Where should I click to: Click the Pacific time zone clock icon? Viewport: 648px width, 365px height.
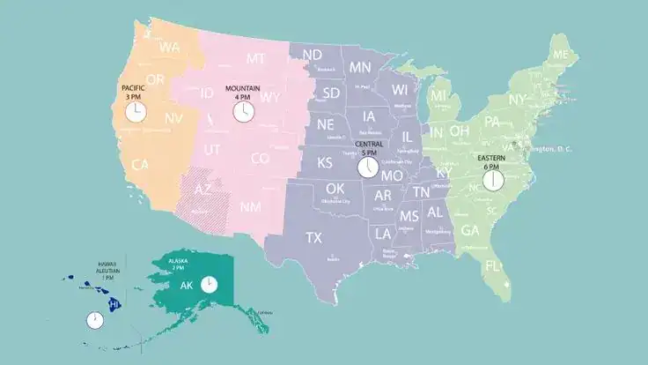[x=136, y=112]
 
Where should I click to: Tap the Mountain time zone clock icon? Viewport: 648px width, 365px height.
[x=242, y=112]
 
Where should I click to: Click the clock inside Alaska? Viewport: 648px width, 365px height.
[x=209, y=285]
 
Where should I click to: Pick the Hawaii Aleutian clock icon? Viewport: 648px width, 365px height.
[x=94, y=320]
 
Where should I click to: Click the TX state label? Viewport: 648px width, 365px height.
[x=313, y=237]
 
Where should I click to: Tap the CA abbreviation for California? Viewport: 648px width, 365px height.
[x=140, y=165]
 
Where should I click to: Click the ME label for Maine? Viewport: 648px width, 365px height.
[x=561, y=55]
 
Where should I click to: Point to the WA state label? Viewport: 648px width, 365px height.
[x=171, y=46]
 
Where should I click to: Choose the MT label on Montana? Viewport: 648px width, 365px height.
[x=255, y=59]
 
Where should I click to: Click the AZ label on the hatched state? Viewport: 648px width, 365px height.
[x=202, y=190]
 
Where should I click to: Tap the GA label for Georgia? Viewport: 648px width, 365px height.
[x=470, y=230]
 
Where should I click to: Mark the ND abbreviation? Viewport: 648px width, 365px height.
[x=313, y=56]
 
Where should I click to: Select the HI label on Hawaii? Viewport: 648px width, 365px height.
[x=113, y=304]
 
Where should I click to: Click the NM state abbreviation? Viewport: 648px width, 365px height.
[x=250, y=207]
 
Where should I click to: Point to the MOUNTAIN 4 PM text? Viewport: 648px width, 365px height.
[x=242, y=93]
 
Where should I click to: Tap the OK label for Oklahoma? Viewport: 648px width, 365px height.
[x=335, y=189]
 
